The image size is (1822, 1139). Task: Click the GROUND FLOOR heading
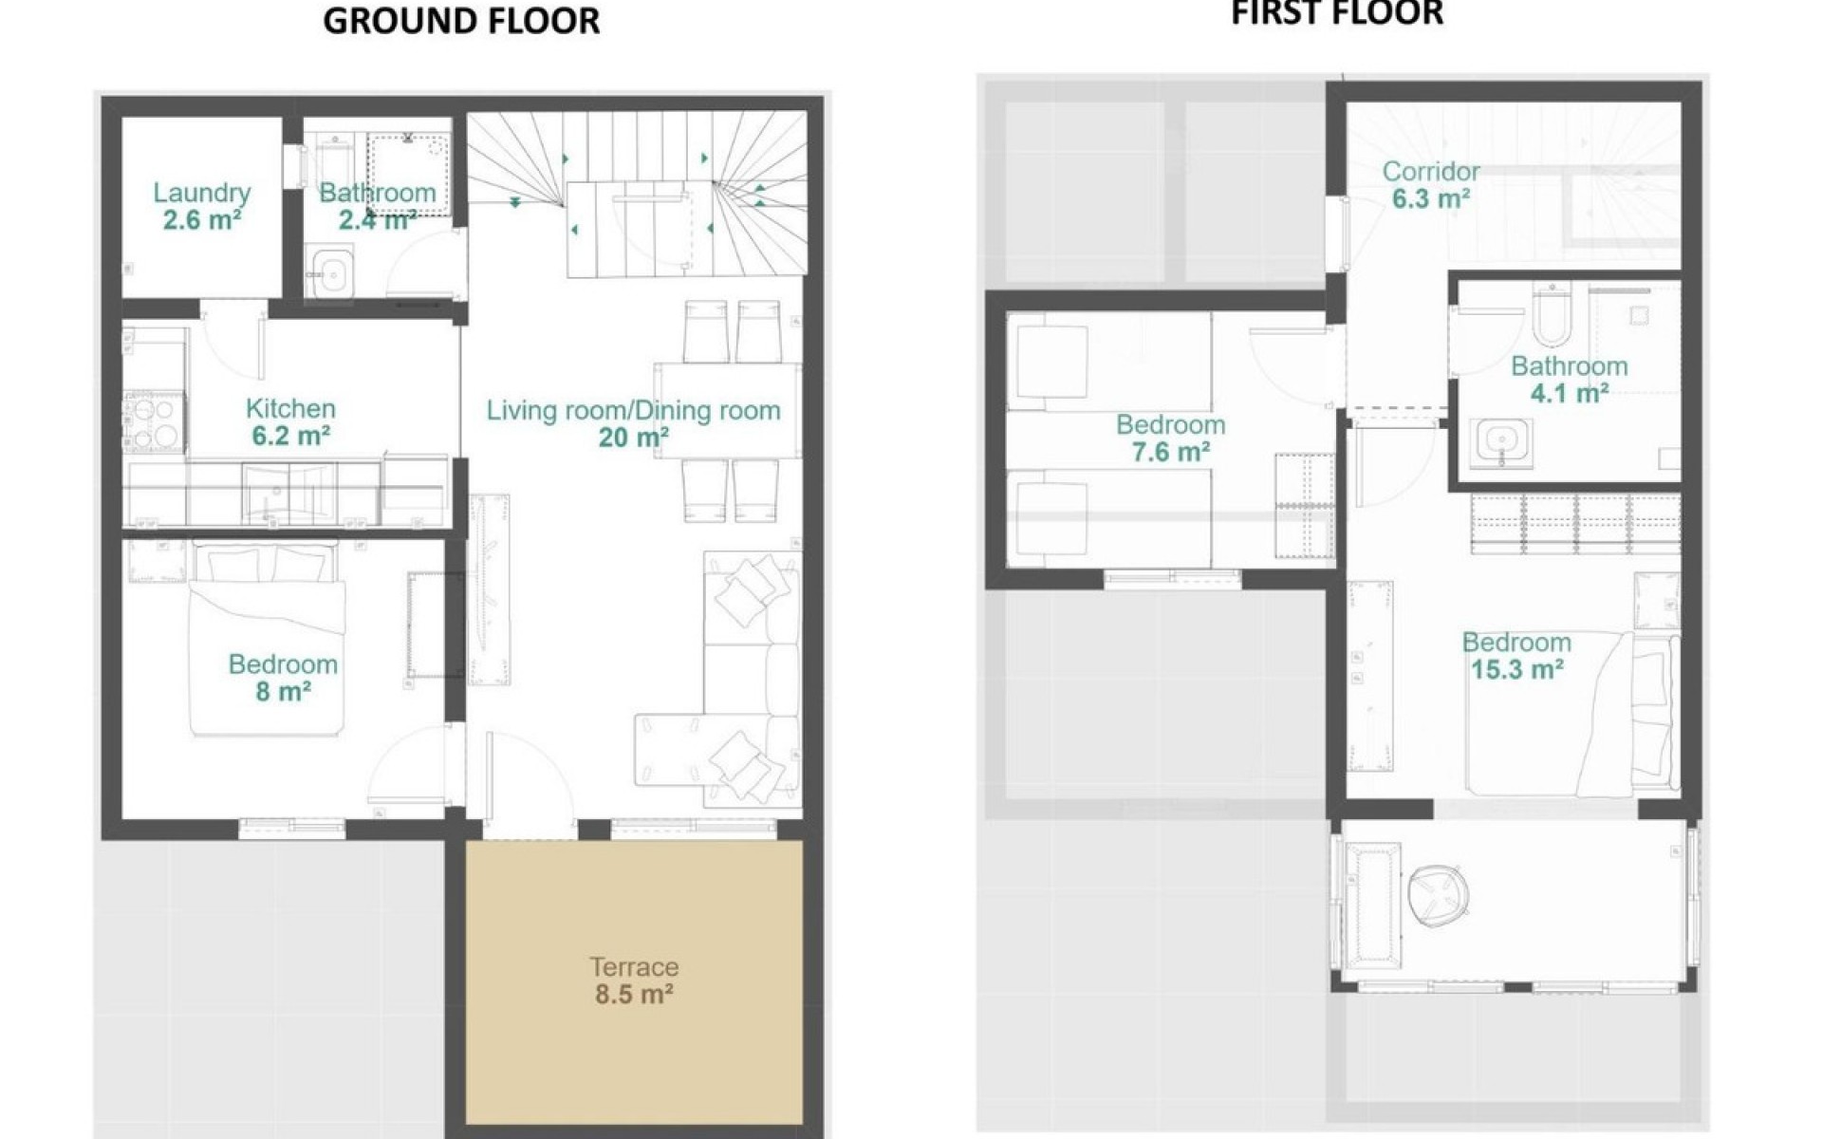point(461,21)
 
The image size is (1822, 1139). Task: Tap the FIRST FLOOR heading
point(1337,13)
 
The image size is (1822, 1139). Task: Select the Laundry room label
point(202,193)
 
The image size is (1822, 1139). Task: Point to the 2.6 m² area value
point(201,220)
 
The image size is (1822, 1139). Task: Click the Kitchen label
point(290,408)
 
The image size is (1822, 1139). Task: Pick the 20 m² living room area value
point(633,438)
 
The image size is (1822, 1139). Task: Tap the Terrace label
point(634,967)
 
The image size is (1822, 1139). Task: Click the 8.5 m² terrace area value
point(634,995)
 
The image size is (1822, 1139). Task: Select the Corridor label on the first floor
point(1431,172)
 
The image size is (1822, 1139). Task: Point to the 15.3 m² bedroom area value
point(1516,670)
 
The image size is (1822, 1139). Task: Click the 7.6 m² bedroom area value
point(1170,453)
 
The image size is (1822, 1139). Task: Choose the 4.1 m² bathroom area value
point(1570,393)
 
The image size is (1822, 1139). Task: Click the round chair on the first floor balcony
point(1440,894)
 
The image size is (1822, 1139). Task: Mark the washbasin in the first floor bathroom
point(1503,444)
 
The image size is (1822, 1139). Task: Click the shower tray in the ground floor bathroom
point(409,174)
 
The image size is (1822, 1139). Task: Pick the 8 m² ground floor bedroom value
point(283,692)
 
